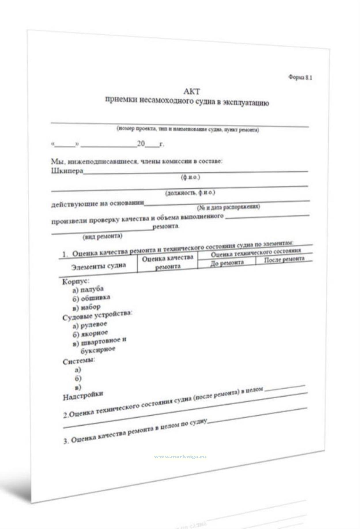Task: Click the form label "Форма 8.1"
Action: point(300,77)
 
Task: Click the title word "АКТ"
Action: point(191,91)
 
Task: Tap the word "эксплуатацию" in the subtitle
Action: point(246,103)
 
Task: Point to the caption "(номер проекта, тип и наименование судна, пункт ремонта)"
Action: point(188,130)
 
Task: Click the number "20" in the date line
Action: point(141,143)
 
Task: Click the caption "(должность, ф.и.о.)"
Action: point(190,192)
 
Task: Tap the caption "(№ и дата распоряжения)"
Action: point(228,207)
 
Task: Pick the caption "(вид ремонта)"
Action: point(102,237)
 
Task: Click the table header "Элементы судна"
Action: point(99,266)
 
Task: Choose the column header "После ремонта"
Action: point(284,259)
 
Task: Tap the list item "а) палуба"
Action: point(88,289)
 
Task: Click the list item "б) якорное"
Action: point(90,334)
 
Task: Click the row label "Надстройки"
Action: point(83,395)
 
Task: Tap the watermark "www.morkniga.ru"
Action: point(180,457)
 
